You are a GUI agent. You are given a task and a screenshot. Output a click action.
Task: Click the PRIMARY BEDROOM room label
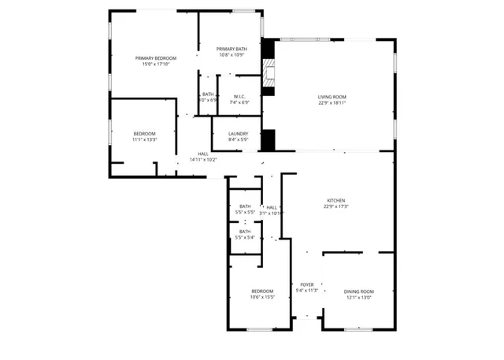(x=155, y=58)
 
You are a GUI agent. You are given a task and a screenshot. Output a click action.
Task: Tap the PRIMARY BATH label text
(x=232, y=50)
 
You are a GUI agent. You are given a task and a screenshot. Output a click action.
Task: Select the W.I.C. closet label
(x=239, y=97)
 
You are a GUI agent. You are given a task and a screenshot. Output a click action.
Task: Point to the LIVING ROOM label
(x=332, y=97)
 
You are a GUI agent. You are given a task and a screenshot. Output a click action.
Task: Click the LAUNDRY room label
(x=239, y=134)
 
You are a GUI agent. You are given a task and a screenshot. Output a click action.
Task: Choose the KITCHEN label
(x=336, y=201)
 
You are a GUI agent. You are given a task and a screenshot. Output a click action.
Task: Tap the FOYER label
(x=307, y=284)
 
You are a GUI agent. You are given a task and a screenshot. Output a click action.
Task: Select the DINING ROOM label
(x=358, y=291)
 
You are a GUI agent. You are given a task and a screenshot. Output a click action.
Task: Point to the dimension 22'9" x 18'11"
(x=332, y=102)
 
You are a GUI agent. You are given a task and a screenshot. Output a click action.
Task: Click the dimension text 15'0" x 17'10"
(x=155, y=64)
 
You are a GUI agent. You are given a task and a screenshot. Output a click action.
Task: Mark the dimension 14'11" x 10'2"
(x=203, y=159)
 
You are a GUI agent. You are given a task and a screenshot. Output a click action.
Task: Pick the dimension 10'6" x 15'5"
(x=262, y=297)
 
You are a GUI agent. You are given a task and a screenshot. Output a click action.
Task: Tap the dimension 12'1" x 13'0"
(x=358, y=297)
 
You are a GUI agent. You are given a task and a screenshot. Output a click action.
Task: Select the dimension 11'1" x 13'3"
(x=144, y=139)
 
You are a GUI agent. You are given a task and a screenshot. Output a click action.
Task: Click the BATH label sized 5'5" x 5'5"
(x=245, y=206)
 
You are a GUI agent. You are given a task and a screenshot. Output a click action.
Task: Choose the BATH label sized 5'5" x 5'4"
(x=245, y=232)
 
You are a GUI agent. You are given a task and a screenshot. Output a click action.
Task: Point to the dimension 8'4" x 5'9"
(x=239, y=139)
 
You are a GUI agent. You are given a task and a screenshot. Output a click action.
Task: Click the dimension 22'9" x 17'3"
(x=336, y=206)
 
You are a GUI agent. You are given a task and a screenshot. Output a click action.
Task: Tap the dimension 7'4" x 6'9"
(x=239, y=102)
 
